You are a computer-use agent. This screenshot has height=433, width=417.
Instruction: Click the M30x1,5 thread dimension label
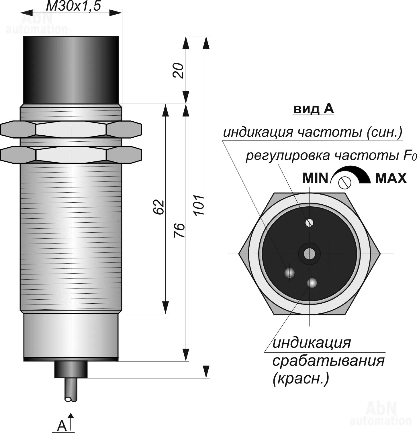[73, 6]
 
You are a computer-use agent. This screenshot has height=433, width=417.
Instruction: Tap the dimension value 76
[180, 230]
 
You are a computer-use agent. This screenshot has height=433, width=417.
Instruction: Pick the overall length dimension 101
[199, 205]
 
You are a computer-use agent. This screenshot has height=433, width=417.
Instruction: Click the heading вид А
[314, 109]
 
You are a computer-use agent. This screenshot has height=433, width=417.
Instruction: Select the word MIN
[315, 179]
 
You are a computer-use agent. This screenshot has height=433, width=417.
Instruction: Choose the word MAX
[391, 179]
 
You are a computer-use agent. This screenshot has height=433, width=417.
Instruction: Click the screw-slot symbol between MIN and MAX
[345, 182]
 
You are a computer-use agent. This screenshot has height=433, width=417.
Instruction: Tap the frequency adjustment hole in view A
[309, 222]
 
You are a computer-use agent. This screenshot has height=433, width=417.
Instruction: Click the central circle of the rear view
[309, 254]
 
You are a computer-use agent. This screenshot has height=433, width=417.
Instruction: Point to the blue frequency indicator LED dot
[290, 272]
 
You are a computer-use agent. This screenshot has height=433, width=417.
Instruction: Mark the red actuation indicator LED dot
[312, 283]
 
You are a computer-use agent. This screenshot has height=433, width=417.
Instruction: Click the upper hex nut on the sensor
[71, 129]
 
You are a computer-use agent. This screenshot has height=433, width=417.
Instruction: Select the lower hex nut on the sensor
[71, 155]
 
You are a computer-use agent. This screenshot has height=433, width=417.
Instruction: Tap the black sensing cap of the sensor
[71, 70]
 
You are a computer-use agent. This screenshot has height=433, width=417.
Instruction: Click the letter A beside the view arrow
[62, 426]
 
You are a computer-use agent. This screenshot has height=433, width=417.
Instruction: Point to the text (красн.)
[301, 379]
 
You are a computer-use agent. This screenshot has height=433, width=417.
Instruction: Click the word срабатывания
[328, 361]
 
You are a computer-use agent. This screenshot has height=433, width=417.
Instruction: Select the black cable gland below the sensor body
[71, 369]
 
